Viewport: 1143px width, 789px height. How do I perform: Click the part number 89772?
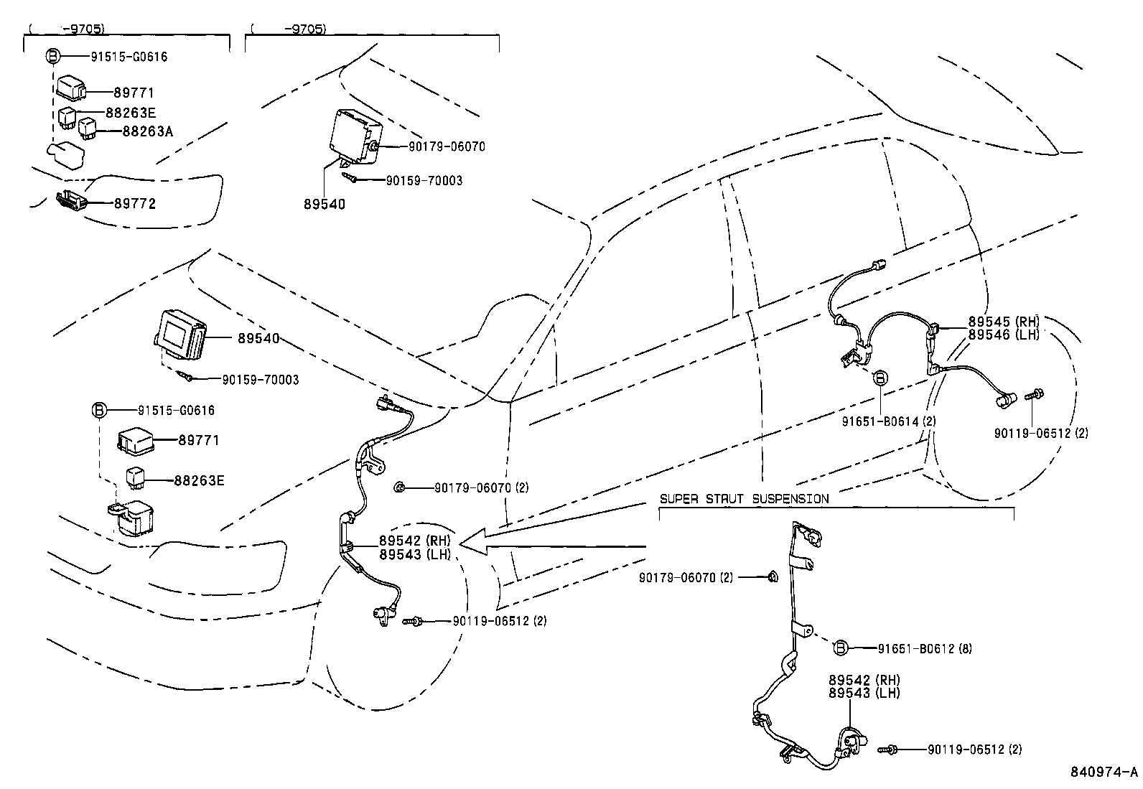[x=135, y=204]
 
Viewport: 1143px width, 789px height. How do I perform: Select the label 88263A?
[x=148, y=131]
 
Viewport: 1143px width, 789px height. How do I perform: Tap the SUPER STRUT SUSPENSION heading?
[x=744, y=499]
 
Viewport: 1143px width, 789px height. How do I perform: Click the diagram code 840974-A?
[x=1104, y=772]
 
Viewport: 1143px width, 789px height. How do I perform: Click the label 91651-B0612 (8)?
[x=925, y=648]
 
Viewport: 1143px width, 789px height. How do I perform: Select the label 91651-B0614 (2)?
[x=889, y=421]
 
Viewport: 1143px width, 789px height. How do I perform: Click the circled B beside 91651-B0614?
[x=880, y=378]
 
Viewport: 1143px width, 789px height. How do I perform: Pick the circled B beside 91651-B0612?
[x=840, y=648]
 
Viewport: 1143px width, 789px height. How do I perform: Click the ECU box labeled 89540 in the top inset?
[x=355, y=132]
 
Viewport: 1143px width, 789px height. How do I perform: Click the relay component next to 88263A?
[x=88, y=128]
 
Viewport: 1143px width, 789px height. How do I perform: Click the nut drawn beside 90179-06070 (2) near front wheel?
[x=399, y=488]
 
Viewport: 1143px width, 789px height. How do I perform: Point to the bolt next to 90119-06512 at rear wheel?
[x=1036, y=393]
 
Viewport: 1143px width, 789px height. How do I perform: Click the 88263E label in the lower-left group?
[x=199, y=480]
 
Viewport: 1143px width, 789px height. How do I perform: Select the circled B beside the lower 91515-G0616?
[x=99, y=411]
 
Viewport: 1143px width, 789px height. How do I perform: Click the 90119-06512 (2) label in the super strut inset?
[x=974, y=750]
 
